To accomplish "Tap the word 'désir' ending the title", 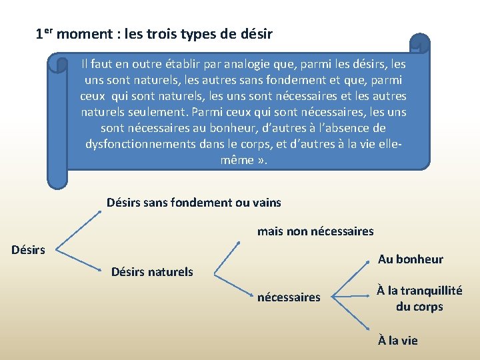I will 256,33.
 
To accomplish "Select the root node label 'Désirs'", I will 28,250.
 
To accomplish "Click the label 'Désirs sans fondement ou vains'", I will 194,202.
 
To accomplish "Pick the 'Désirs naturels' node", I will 152,271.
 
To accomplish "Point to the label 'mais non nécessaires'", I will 315,231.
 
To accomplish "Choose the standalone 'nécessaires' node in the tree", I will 289,297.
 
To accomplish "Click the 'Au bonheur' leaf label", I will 410,259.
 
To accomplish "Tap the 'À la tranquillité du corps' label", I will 419,298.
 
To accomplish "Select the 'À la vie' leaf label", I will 397,340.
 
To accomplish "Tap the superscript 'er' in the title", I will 50,30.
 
